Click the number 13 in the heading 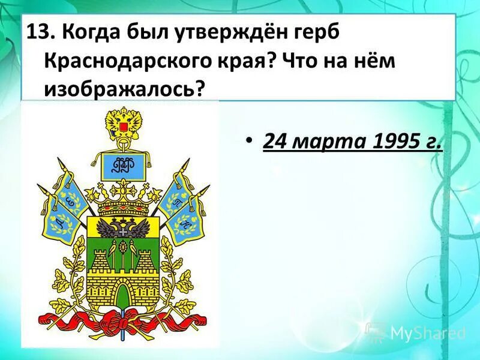click(38, 32)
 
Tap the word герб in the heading click(313, 32)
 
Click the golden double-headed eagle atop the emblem click(123, 123)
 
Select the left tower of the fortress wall click(100, 264)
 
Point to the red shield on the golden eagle click(123, 127)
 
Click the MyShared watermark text click(427, 332)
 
